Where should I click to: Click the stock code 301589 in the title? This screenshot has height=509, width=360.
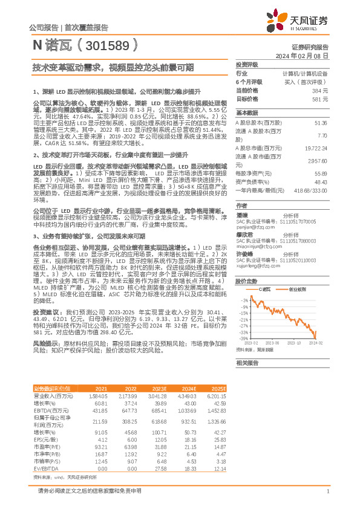click(x=102, y=45)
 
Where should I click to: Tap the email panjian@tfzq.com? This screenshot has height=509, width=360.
click(x=255, y=226)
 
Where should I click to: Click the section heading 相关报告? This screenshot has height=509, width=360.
click(x=247, y=363)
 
